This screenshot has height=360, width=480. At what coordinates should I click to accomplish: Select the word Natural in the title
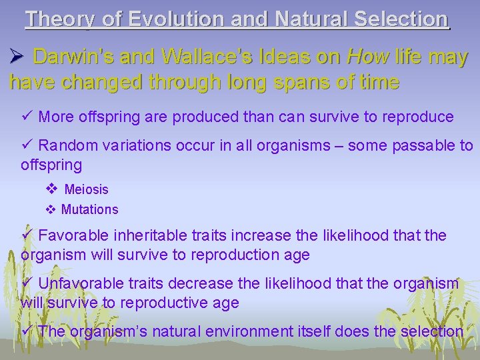[309, 19]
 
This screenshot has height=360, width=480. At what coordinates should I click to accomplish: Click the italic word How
[365, 57]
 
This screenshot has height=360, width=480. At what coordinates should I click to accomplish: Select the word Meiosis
[86, 189]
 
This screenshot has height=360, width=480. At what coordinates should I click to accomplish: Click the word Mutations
[89, 209]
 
